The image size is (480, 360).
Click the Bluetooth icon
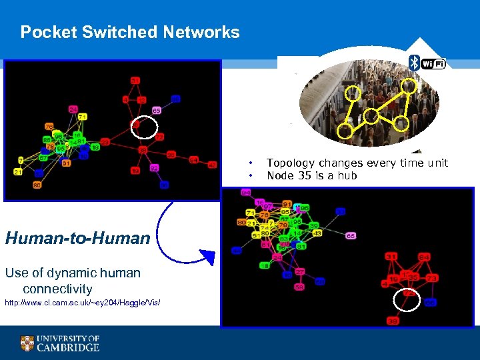click(414, 63)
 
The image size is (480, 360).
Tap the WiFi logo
click(433, 64)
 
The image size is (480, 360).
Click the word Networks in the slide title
click(201, 32)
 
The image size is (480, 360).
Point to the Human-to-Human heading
click(77, 237)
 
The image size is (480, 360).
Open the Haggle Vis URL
click(83, 303)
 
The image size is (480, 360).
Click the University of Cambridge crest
click(27, 343)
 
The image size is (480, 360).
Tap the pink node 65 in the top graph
click(156, 110)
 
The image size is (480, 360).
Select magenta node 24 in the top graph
click(73, 109)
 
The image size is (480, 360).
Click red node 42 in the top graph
click(213, 164)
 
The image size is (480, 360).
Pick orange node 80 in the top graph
click(37, 185)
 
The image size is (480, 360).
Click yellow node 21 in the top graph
click(18, 172)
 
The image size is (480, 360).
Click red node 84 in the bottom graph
click(424, 257)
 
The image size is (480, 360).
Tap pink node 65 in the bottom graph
click(351, 236)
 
